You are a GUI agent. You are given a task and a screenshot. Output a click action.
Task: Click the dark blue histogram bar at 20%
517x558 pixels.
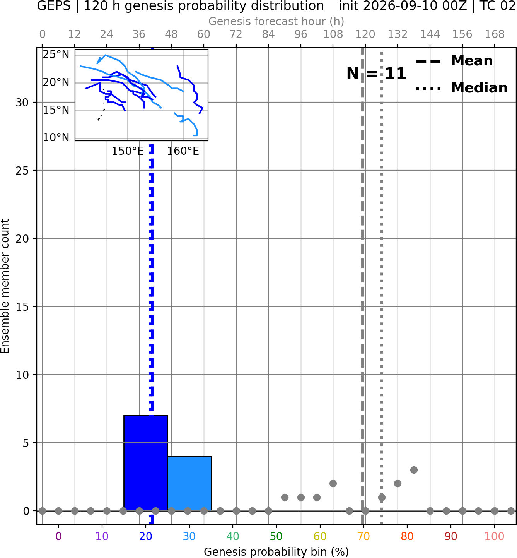coord(146,463)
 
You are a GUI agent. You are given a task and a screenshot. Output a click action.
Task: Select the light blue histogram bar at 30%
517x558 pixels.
coord(189,484)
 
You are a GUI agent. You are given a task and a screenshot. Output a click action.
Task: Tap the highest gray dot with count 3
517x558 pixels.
coord(414,470)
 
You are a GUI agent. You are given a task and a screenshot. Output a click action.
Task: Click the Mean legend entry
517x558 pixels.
coord(454,61)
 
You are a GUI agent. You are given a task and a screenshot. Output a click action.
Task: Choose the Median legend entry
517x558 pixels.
coord(461,88)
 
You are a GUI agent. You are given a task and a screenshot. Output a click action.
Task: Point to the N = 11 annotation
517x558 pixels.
coord(376,74)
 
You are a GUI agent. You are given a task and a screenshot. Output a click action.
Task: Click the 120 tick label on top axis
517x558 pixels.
coord(365,34)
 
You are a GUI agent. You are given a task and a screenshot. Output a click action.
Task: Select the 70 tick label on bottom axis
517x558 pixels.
coord(363,536)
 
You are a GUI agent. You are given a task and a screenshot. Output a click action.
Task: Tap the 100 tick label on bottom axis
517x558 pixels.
coord(495,536)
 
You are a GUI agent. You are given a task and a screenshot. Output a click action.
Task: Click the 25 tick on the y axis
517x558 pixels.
coord(22,171)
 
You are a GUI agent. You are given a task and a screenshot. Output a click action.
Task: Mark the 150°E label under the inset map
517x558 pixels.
coord(128,151)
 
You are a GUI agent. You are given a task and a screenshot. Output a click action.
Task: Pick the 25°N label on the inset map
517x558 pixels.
coord(56,55)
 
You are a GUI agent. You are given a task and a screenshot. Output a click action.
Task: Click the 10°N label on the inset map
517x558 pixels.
coord(56,138)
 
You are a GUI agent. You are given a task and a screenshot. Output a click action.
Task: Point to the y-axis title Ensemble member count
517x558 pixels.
coord(5,286)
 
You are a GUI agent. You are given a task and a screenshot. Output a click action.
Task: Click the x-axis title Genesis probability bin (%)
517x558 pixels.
coord(276,552)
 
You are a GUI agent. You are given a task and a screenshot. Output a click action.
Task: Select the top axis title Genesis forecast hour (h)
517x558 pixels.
coord(276,21)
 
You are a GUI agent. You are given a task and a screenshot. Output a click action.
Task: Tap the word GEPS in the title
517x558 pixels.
coord(54,6)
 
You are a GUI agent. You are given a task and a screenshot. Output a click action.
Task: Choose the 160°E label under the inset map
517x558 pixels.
coord(183,151)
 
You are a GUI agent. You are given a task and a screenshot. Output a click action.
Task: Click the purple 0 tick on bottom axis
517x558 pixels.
coord(58,536)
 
